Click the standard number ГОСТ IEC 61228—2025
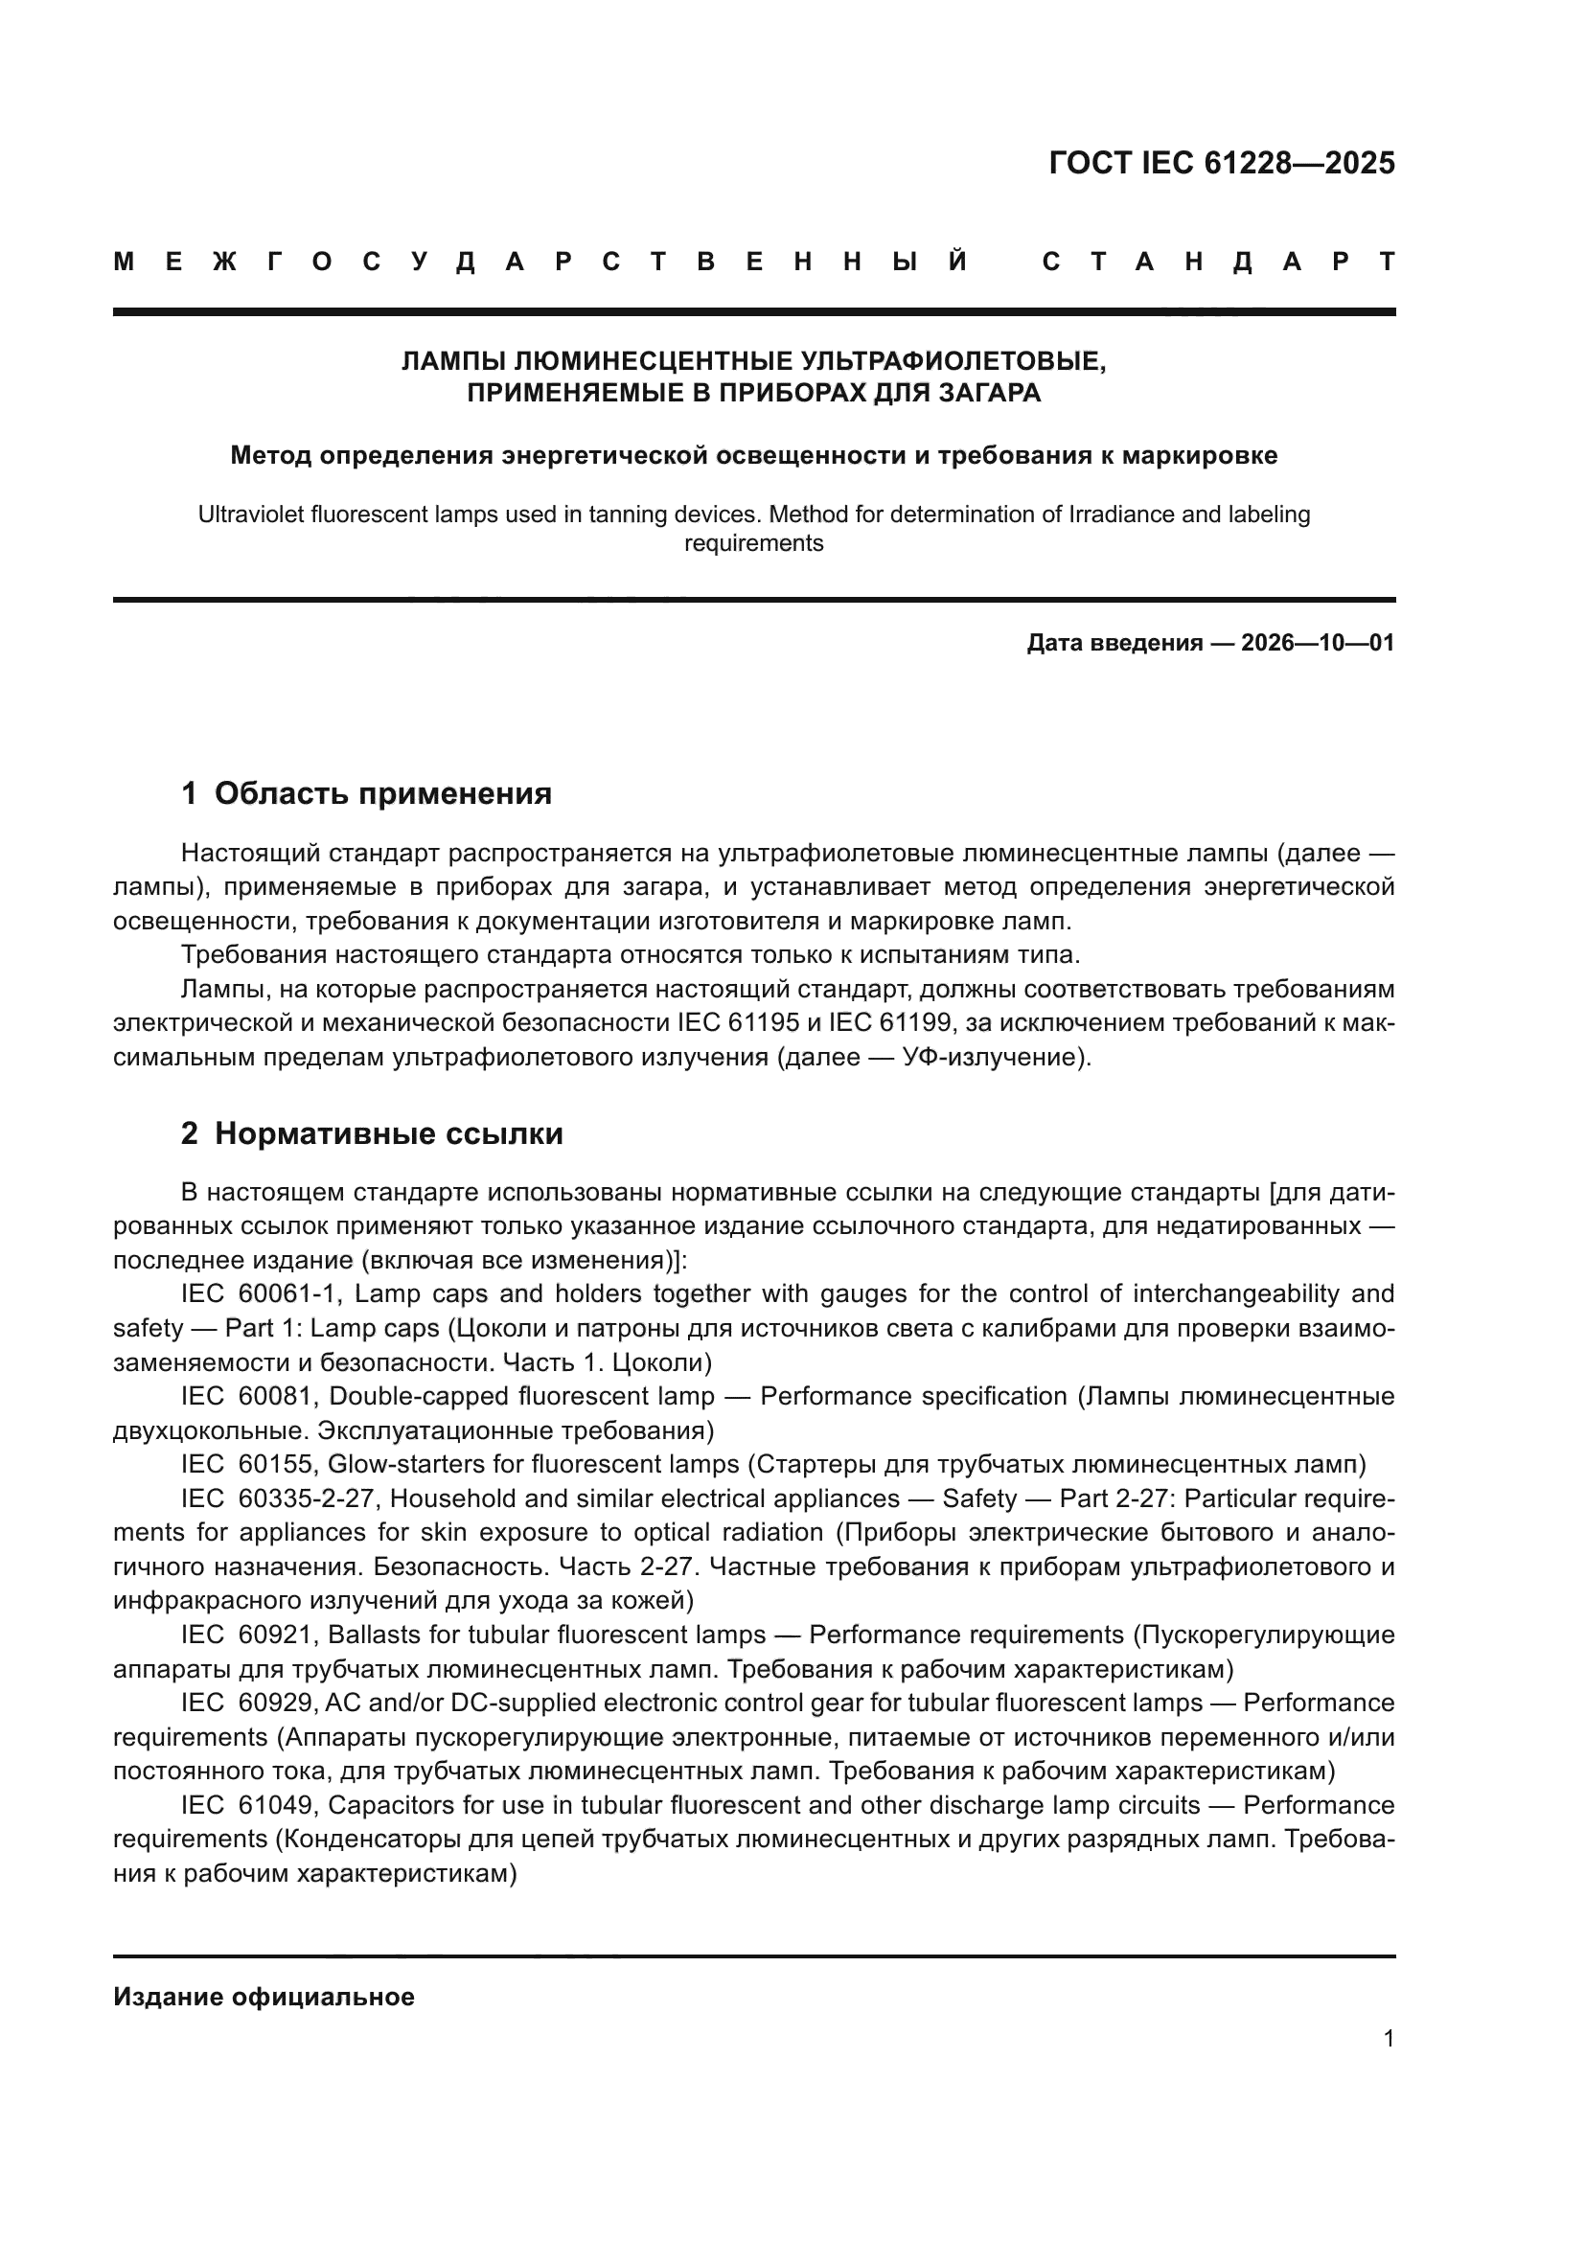[x=1221, y=163]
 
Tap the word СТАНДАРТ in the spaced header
[x=1219, y=263]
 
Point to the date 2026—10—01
[x=1318, y=643]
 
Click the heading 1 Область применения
[x=366, y=793]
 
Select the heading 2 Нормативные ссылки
[x=372, y=1133]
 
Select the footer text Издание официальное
[x=264, y=1997]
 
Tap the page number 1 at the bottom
[x=1388, y=2039]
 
